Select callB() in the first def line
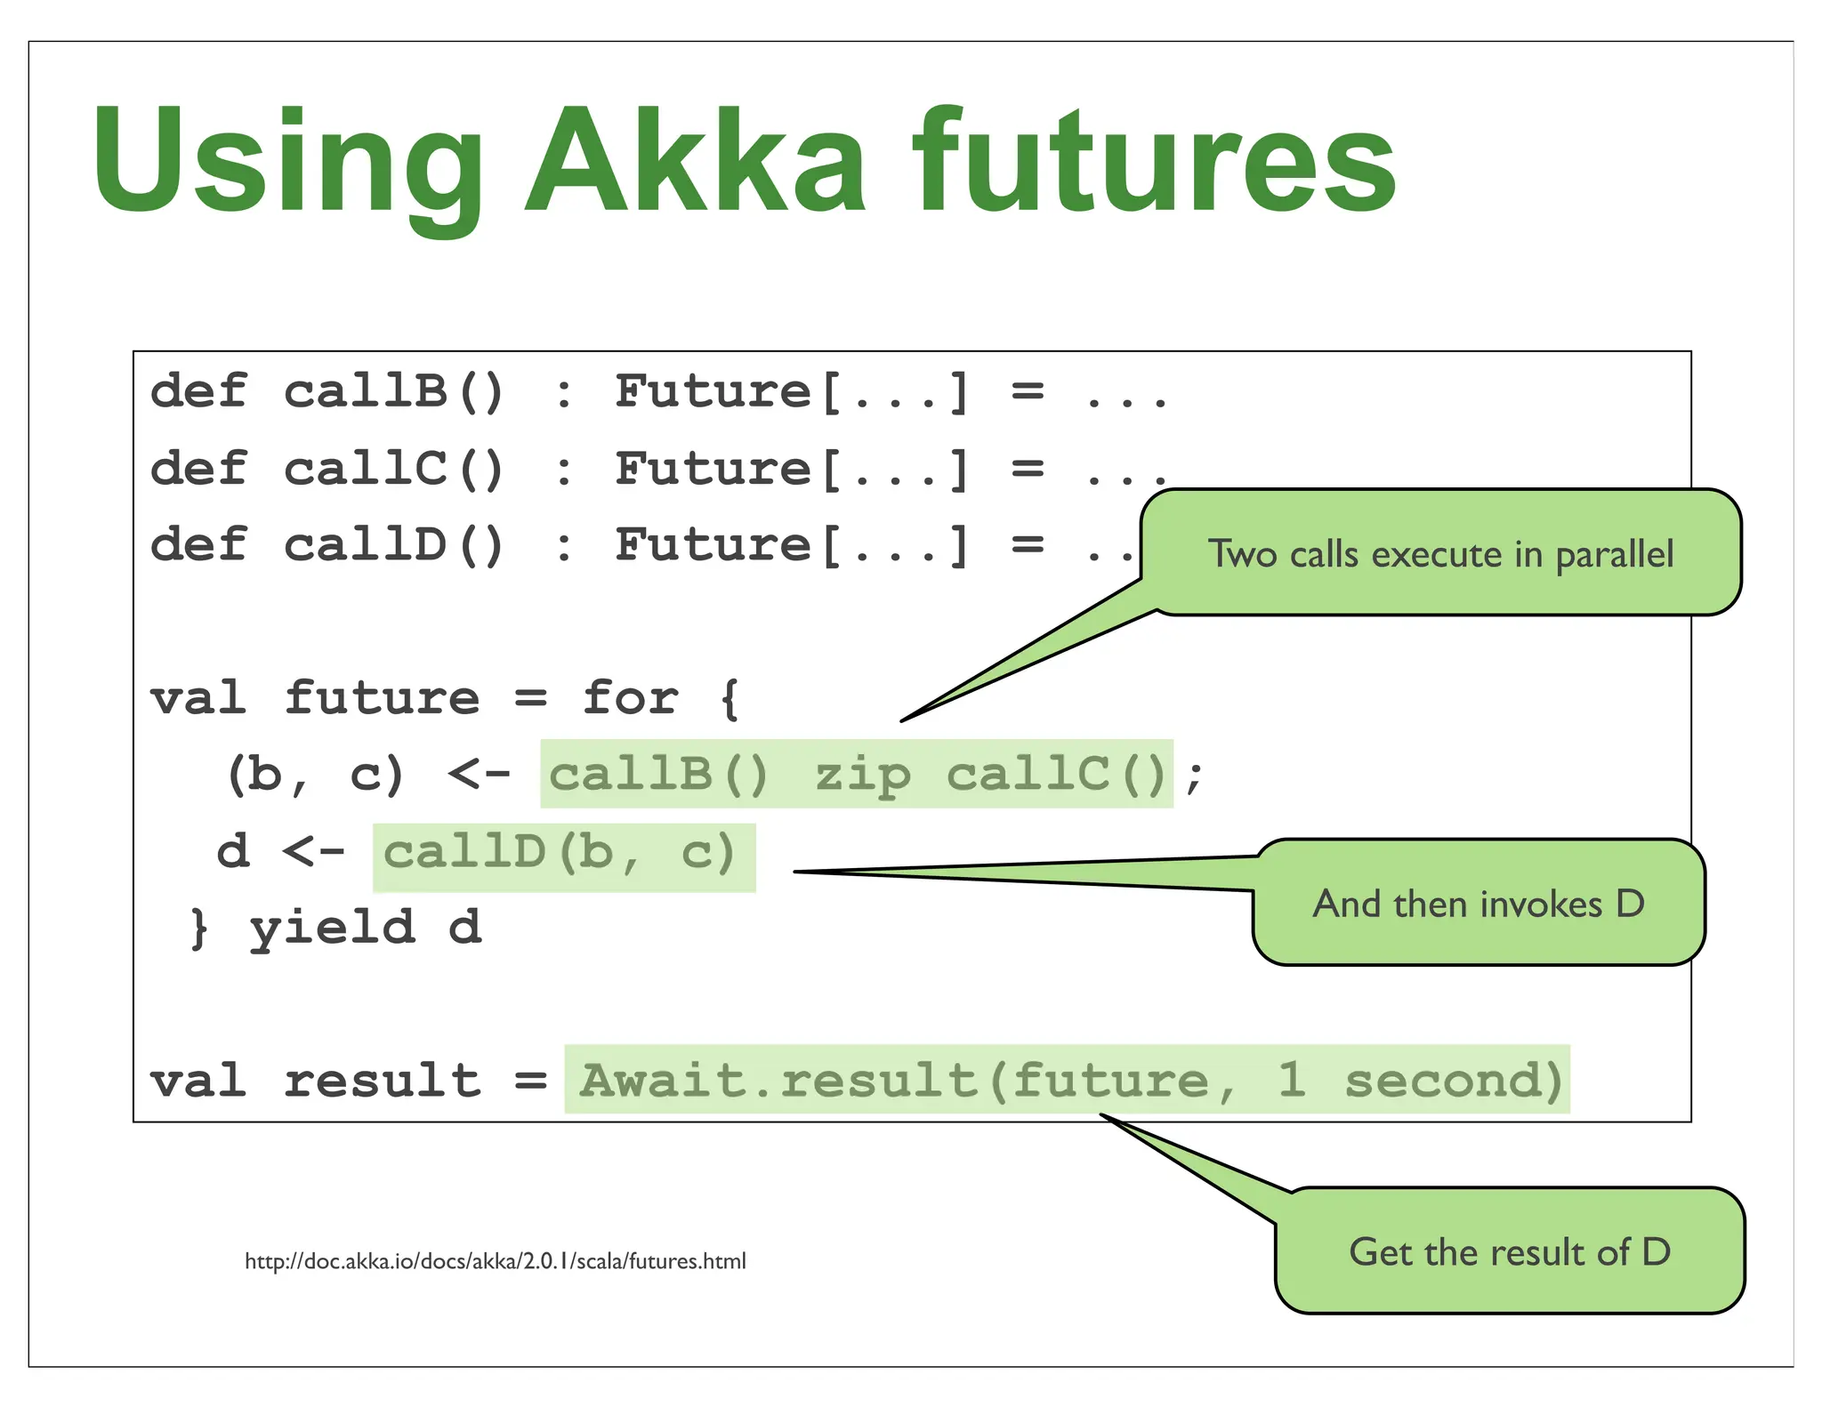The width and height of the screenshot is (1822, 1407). coord(394,391)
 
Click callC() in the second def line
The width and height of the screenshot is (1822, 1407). coord(394,469)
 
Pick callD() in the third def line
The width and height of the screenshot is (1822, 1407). coord(394,545)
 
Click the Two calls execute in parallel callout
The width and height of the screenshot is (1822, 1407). coord(1439,553)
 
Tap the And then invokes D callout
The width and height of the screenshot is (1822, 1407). coord(1478,904)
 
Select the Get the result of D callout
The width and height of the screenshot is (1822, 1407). coord(1509,1251)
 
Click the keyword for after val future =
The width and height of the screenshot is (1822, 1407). coord(630,698)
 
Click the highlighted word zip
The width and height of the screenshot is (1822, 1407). coord(863,775)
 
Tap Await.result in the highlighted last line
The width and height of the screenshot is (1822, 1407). coord(778,1081)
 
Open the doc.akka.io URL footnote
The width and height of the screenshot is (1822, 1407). coord(495,1261)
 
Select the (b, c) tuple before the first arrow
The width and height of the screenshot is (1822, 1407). coord(316,775)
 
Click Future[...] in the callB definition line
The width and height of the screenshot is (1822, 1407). coord(792,391)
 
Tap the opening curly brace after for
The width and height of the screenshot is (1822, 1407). coord(730,699)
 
